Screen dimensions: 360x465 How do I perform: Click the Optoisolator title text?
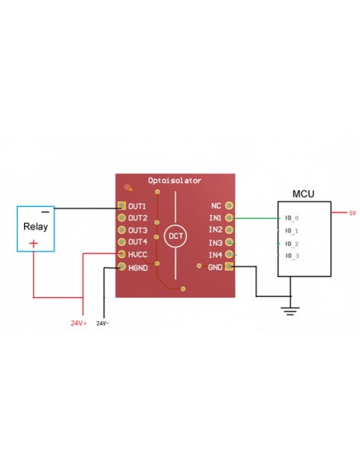[174, 181]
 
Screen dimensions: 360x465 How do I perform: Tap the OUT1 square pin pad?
[122, 205]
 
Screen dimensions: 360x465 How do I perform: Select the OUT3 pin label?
[138, 230]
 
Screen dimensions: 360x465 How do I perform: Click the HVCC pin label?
[138, 255]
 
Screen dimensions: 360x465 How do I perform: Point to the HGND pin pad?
[122, 266]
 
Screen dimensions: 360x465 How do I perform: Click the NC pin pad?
[229, 205]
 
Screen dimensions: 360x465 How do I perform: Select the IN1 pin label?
[215, 217]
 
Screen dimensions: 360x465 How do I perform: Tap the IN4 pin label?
[216, 255]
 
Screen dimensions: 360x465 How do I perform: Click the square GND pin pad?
[229, 266]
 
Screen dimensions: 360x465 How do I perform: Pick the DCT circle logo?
[175, 236]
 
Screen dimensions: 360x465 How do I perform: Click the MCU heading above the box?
[303, 194]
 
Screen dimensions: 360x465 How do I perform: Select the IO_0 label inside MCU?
[292, 218]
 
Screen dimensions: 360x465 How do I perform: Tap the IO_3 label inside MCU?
[292, 256]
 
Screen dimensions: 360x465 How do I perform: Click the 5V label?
[352, 213]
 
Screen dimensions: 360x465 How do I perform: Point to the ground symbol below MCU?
[290, 311]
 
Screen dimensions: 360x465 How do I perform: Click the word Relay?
[36, 227]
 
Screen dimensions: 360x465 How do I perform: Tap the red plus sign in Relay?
[33, 244]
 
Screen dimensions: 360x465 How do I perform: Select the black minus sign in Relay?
[45, 212]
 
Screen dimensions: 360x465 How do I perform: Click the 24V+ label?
[79, 323]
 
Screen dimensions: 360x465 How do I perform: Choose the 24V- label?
[103, 323]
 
